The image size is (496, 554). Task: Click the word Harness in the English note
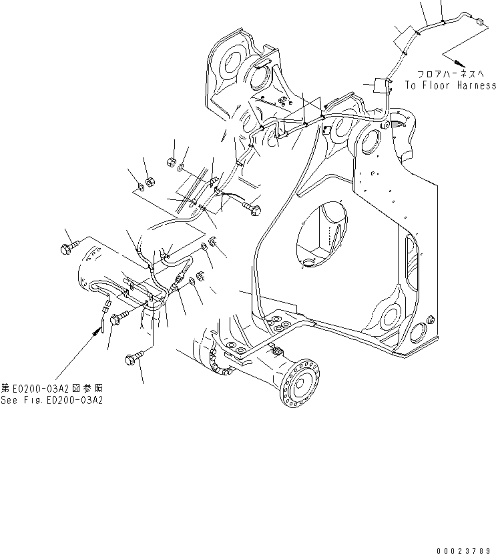[x=473, y=85]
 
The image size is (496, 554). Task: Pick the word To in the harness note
[x=410, y=85]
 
